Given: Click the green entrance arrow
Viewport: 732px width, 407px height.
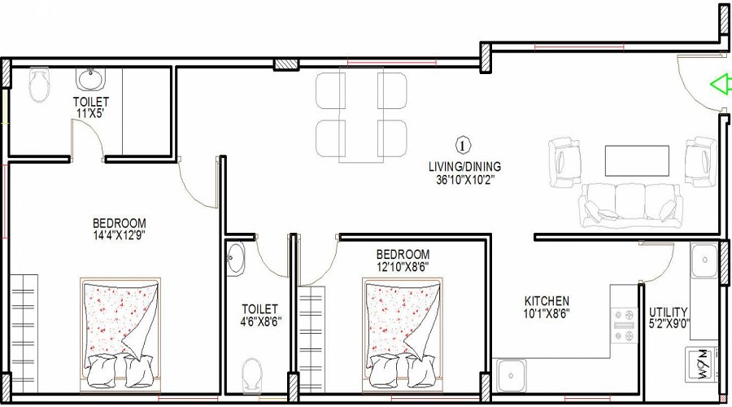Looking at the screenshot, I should (719, 84).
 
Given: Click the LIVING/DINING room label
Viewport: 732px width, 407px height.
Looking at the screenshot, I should (465, 167).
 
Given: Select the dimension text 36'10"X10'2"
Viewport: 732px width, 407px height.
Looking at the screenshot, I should (465, 180).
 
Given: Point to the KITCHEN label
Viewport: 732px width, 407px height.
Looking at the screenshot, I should (546, 300).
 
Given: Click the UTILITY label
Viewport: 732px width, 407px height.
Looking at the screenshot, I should (668, 312).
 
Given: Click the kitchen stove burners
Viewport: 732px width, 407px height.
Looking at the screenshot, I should (625, 325).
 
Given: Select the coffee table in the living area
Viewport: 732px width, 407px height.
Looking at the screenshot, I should (631, 160).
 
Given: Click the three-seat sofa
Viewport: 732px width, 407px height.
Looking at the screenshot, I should (629, 205).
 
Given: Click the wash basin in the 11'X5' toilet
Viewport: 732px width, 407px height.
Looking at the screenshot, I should (89, 80).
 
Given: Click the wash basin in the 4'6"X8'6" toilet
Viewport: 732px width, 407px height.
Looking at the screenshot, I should (235, 258).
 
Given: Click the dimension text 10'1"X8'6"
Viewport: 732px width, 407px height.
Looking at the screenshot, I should (546, 313).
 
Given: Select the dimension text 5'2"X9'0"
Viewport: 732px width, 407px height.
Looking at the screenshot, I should (669, 325).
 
